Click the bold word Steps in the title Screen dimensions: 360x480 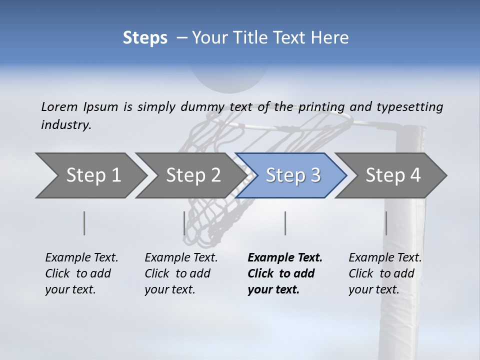[145, 38]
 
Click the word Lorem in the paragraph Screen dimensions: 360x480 [59, 106]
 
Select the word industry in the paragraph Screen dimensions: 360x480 [66, 124]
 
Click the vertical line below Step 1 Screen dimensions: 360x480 [84, 223]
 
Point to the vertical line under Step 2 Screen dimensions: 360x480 [184, 223]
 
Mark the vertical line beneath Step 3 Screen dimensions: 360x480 [285, 223]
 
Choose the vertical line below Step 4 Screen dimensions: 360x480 [386, 223]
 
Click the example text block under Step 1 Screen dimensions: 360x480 [81, 273]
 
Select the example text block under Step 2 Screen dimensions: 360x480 [181, 273]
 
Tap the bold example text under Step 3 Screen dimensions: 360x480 [285, 273]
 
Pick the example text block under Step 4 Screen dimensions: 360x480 [385, 273]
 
